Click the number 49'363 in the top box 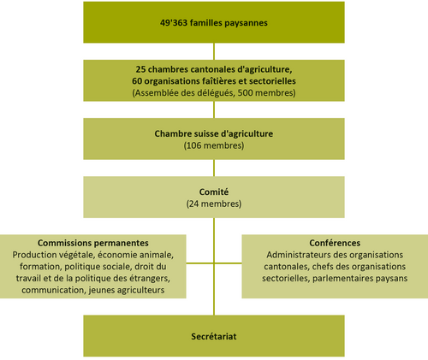(174, 23)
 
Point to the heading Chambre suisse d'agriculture (214, 133)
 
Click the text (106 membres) (214, 145)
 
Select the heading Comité (214, 192)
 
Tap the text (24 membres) (214, 204)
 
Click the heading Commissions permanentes (93, 243)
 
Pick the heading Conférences (335, 243)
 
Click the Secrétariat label (214, 336)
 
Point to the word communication (54, 290)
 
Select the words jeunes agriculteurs (127, 291)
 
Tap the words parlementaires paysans (360, 279)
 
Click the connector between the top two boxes (214, 51)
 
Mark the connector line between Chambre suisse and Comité (214, 168)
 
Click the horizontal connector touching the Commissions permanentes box (200, 263)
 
